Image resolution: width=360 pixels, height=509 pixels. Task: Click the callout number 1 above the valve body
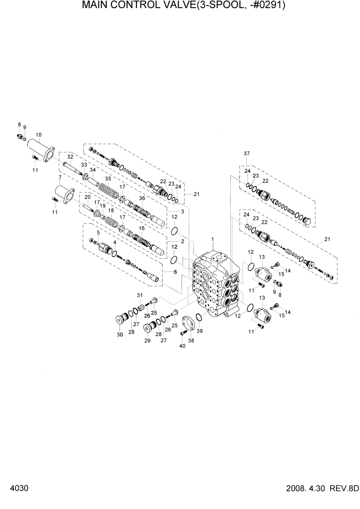(212, 239)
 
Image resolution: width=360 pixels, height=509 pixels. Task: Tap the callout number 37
(247, 153)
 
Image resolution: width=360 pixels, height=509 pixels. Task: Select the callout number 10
(38, 135)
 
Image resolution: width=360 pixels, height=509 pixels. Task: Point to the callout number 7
(60, 178)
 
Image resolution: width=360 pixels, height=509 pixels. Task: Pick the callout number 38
(191, 340)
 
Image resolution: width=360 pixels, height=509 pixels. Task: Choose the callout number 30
(119, 335)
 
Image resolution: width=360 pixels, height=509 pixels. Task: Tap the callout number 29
(147, 341)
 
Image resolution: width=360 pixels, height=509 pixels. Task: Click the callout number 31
(138, 295)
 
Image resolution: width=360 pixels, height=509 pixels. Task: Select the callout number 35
(108, 179)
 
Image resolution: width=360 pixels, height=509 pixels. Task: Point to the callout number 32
(70, 156)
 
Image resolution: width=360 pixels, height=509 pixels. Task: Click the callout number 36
(142, 199)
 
